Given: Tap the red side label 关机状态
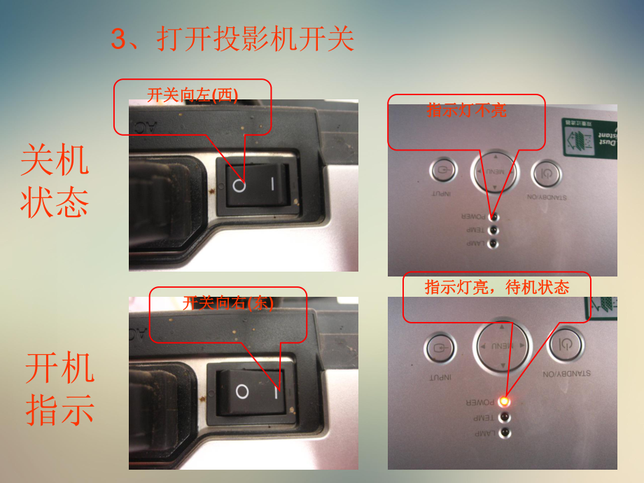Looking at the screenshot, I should coord(55,181).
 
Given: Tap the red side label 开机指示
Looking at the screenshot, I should coord(59,389).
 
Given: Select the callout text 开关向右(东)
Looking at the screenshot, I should coord(227,303).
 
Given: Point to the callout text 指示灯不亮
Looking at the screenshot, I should coord(466,110).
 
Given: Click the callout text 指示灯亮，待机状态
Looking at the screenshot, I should coord(497,287).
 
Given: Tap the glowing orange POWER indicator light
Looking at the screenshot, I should coord(503,401).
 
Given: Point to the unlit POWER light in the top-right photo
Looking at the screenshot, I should coord(493,216).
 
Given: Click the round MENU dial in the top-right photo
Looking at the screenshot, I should coord(496,171).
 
